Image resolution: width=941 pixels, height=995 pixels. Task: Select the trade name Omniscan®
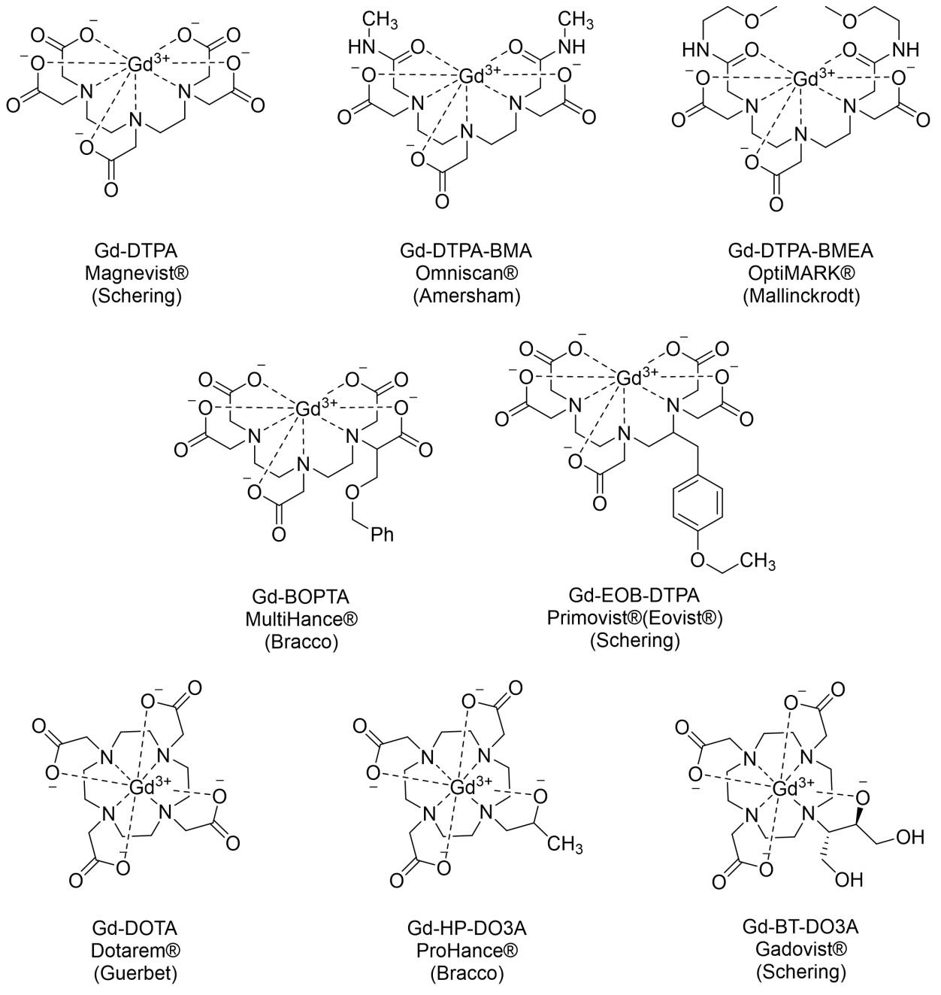pos(467,273)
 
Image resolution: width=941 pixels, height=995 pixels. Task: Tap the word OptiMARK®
pos(800,273)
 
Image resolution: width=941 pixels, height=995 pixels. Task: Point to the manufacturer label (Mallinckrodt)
pos(800,296)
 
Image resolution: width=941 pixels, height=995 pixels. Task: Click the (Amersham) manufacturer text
pos(467,296)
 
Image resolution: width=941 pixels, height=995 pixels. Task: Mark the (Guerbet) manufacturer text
pos(135,972)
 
